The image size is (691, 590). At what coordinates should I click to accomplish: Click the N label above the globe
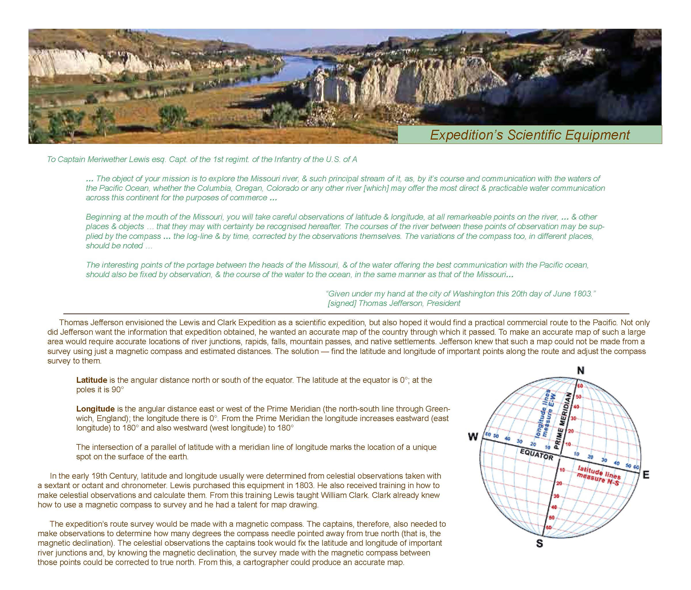click(x=581, y=371)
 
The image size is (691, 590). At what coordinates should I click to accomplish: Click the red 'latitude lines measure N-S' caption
click(x=599, y=476)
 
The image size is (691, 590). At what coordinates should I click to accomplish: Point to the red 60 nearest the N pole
click(x=580, y=386)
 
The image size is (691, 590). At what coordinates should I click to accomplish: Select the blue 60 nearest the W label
click(x=488, y=435)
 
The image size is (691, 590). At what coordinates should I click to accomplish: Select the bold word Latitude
click(x=92, y=380)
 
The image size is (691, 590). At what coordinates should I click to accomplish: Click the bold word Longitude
click(x=95, y=409)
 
